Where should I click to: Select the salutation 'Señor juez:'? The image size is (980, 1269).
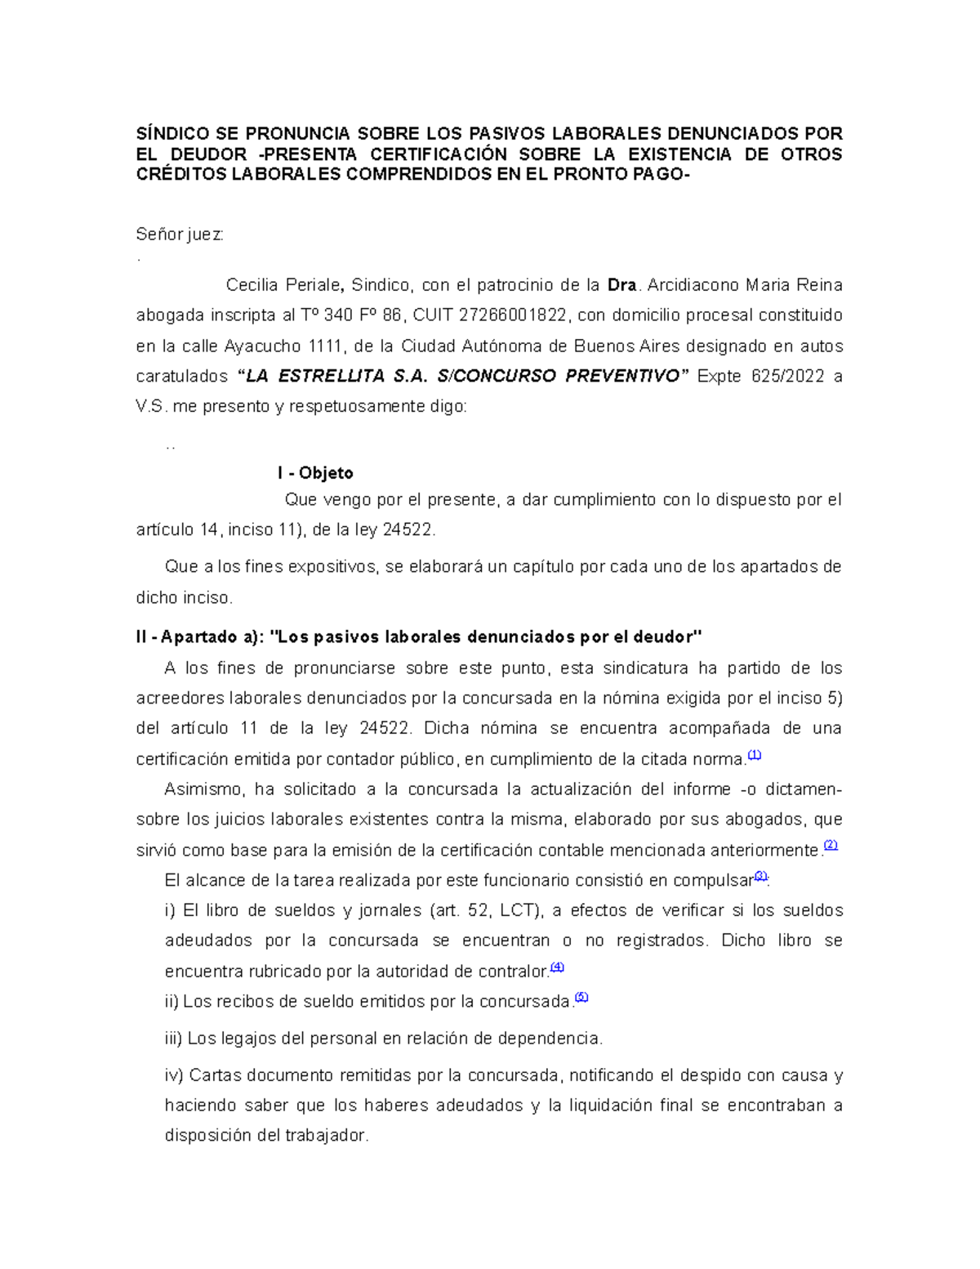pyautogui.click(x=180, y=235)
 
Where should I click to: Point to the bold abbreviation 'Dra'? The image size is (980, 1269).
pyautogui.click(x=622, y=285)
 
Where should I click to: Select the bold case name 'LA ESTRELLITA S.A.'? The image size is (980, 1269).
pyautogui.click(x=336, y=376)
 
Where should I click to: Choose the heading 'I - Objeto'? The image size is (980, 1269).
pyautogui.click(x=315, y=473)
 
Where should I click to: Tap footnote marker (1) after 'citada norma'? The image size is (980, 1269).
pyautogui.click(x=755, y=755)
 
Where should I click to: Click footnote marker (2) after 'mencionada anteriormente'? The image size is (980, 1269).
pyautogui.click(x=831, y=846)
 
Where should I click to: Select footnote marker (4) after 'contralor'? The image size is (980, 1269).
pyautogui.click(x=558, y=967)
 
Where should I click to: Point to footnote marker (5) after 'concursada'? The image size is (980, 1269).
pyautogui.click(x=581, y=997)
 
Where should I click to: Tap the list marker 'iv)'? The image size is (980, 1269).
pyautogui.click(x=174, y=1075)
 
